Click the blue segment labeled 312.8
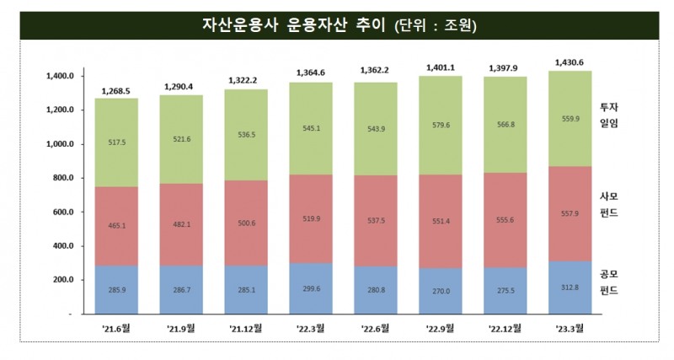coord(569,287)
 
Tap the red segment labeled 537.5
coord(376,222)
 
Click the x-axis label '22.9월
coord(440,327)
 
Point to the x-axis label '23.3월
coord(569,327)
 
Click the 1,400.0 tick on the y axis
coord(59,77)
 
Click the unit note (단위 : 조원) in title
coord(436,26)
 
